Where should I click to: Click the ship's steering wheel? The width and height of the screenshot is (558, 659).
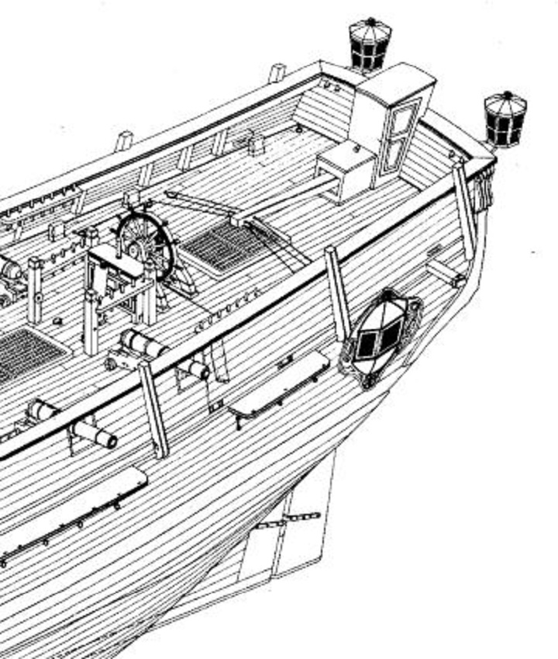145,242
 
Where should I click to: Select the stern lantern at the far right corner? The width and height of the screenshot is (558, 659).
505,119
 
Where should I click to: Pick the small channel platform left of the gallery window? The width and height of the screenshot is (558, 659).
279,383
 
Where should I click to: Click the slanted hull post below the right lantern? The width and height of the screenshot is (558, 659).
465,210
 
